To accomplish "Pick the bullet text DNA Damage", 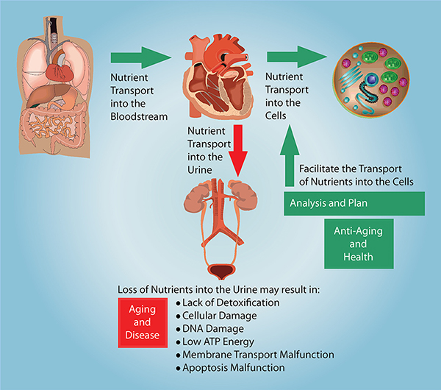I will click(213, 329).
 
